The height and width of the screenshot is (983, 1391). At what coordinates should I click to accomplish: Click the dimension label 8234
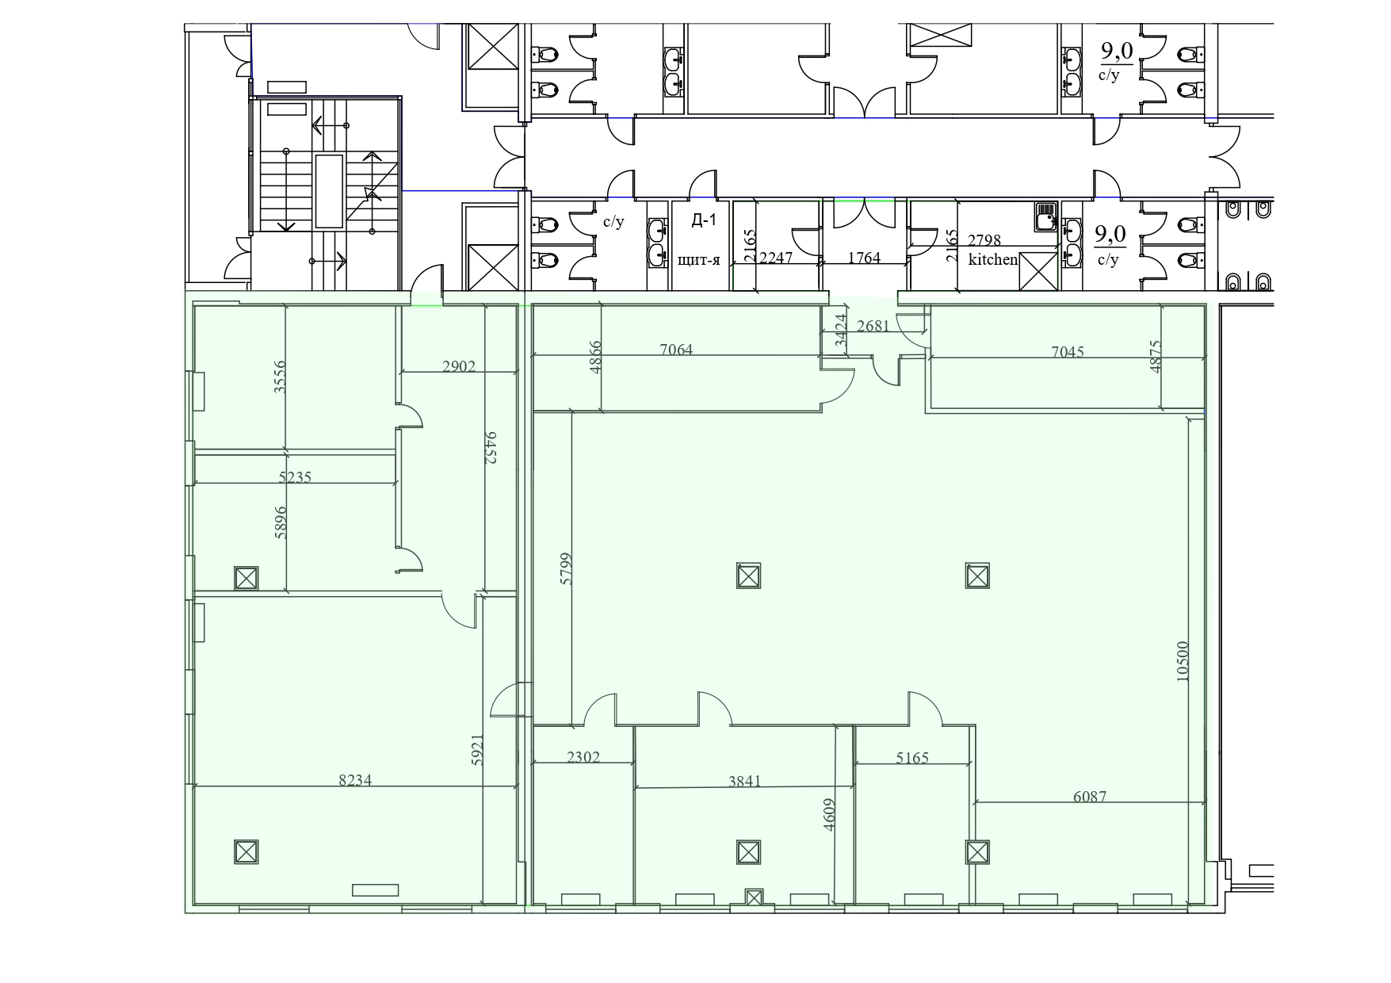[355, 780]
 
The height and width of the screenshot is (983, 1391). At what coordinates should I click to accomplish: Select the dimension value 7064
[676, 350]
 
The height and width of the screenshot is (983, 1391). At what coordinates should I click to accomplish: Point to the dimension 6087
[1090, 797]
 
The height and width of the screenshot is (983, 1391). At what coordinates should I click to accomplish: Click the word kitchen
[993, 259]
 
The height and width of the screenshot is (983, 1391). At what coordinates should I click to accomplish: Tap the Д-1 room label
[704, 220]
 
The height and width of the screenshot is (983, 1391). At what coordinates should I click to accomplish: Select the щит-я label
[699, 259]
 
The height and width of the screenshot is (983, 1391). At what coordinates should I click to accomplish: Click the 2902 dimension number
[459, 366]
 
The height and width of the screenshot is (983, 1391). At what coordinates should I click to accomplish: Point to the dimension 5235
[295, 477]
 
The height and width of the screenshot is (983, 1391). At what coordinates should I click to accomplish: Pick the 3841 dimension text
[744, 781]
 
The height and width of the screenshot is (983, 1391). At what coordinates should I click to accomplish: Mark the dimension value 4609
[830, 814]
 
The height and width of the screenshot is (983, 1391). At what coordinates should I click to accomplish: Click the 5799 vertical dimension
[565, 568]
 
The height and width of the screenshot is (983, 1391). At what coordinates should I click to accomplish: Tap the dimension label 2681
[873, 326]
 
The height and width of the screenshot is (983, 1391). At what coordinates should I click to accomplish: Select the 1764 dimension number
[864, 258]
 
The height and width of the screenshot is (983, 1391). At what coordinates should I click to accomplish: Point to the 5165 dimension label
[912, 758]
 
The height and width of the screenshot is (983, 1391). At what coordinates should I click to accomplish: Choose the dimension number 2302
[583, 757]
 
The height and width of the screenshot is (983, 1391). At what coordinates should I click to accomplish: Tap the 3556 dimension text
[279, 377]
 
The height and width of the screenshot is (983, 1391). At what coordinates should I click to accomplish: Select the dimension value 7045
[1068, 352]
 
